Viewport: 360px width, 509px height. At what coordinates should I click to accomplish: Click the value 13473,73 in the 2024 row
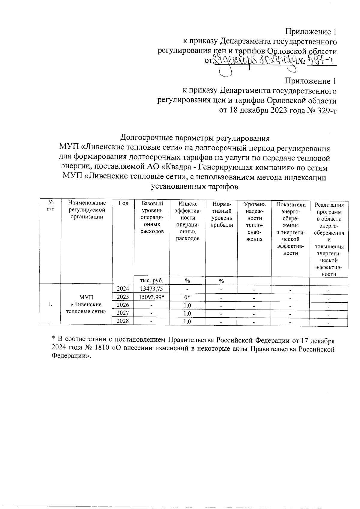[151, 289]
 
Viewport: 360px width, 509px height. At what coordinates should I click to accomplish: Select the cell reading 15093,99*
[151, 297]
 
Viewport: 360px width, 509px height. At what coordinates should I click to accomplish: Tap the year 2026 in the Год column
[123, 305]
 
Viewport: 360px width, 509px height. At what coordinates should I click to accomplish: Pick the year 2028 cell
[123, 321]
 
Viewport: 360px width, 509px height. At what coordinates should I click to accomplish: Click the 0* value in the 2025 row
[187, 297]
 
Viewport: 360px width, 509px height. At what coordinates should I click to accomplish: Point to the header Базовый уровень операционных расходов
[152, 217]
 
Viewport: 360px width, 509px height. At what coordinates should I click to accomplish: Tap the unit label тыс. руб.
[152, 281]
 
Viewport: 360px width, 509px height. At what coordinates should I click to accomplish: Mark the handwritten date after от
[255, 61]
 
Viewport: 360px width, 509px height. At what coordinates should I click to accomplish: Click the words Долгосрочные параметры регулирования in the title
[195, 138]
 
